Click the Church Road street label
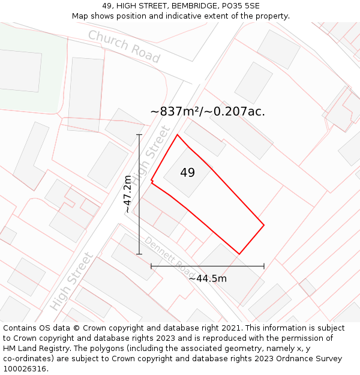point(124,46)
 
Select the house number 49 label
point(187,173)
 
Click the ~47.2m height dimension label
point(128,194)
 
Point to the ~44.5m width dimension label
point(208,278)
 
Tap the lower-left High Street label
point(72,281)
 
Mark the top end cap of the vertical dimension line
point(139,134)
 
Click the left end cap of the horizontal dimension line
point(151,266)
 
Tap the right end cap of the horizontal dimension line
point(264,266)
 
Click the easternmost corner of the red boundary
point(264,226)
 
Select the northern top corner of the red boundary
point(177,134)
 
